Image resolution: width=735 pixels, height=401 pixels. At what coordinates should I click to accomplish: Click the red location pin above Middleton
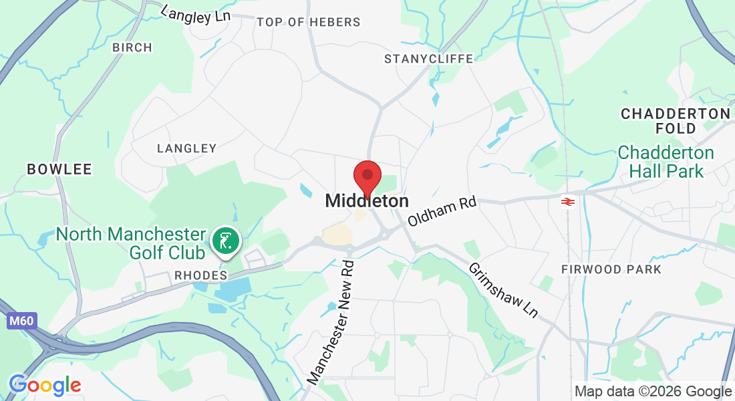367,176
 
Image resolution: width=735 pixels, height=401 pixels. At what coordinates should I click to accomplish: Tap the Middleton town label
367,200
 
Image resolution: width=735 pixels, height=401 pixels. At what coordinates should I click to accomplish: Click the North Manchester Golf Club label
131,243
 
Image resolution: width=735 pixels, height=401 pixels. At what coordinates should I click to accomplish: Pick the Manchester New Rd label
332,321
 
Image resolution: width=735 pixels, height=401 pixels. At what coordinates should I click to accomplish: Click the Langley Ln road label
196,14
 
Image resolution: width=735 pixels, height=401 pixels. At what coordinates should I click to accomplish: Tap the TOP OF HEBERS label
309,22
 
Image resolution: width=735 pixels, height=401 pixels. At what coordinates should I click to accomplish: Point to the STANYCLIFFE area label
428,59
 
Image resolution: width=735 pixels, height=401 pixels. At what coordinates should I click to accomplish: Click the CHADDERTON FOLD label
676,120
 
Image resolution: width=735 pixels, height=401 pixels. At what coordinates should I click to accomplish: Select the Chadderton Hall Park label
666,162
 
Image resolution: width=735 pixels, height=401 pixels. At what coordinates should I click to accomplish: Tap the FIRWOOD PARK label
611,269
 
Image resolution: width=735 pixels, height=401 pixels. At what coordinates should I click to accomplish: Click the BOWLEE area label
59,169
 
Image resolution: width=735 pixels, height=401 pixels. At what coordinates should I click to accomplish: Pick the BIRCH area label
132,47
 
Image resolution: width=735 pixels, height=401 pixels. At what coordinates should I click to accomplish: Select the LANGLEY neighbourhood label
186,148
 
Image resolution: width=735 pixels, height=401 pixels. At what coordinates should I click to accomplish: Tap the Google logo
45,385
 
